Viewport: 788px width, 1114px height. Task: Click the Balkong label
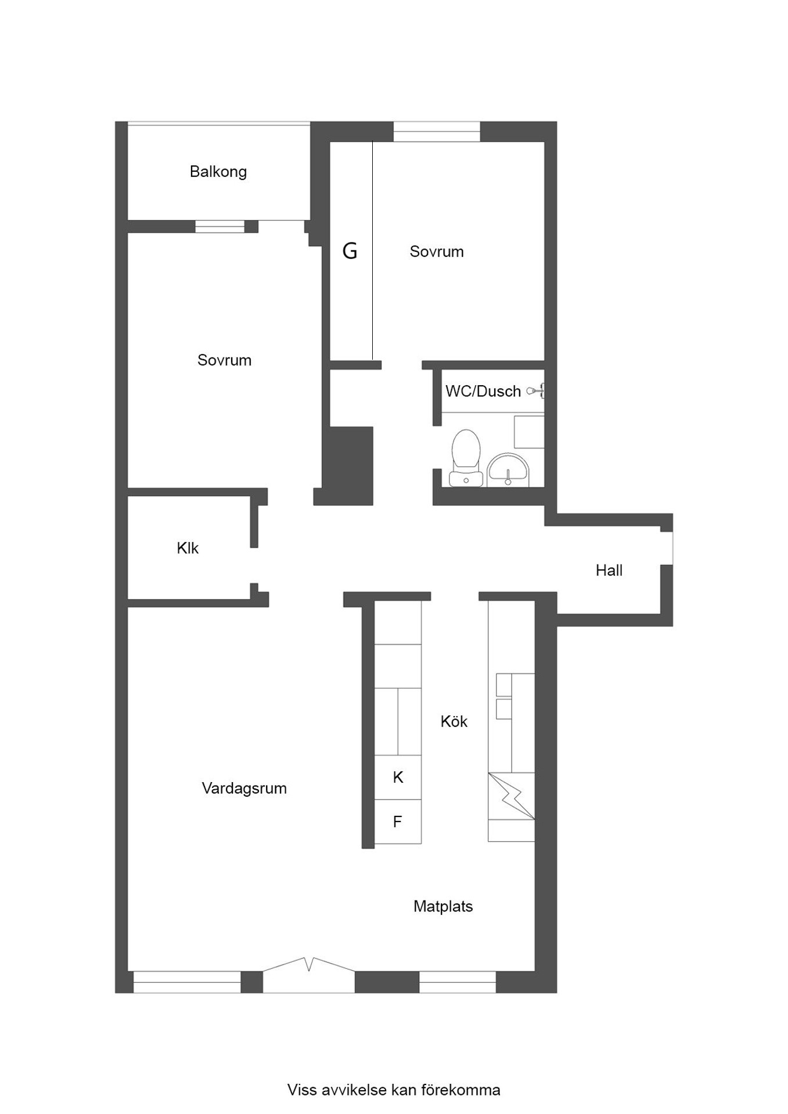click(x=218, y=172)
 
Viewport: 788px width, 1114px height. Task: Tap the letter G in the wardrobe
click(x=350, y=251)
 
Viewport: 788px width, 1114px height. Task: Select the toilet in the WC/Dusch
click(x=466, y=458)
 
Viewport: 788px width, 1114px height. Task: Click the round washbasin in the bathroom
click(x=508, y=470)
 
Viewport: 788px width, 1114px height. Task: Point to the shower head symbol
click(x=535, y=391)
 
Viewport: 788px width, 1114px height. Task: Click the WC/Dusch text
click(x=483, y=391)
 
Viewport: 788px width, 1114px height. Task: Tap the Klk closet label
click(x=188, y=548)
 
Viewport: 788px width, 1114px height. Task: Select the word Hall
click(x=609, y=570)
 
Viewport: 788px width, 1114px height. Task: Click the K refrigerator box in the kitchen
click(x=398, y=777)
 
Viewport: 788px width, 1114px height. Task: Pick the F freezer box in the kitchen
click(x=398, y=821)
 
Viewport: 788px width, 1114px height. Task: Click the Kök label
click(x=454, y=721)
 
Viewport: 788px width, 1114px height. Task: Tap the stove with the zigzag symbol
click(x=511, y=795)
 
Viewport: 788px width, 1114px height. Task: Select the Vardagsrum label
click(x=244, y=789)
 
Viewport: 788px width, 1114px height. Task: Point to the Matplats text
click(x=443, y=906)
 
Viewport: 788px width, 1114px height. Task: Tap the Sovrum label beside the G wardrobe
click(x=437, y=251)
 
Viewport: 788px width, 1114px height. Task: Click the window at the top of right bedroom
click(x=437, y=132)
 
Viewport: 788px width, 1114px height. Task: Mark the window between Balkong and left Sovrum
click(x=220, y=226)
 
